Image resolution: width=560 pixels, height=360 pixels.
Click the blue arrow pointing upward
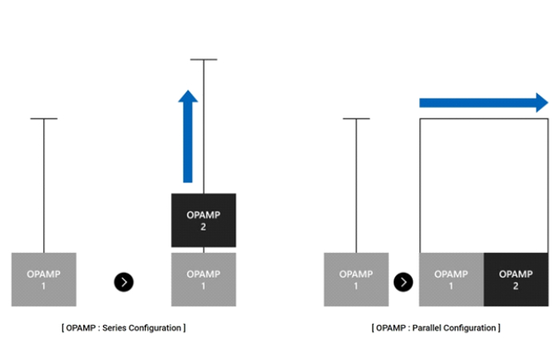[188, 136]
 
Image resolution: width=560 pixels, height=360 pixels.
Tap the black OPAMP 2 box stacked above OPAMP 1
[203, 220]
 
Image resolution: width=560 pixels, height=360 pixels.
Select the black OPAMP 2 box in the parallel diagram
[515, 279]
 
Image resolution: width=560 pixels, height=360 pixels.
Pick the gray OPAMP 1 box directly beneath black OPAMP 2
[203, 279]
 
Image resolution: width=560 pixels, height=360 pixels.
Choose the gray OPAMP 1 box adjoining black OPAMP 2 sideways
[451, 279]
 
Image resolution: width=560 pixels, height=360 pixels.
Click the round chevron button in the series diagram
[124, 282]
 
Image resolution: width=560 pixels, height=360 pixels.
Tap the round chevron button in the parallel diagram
[404, 282]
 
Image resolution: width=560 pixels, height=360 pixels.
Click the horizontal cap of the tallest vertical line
[203, 59]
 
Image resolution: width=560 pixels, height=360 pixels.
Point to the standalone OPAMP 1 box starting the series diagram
[44, 279]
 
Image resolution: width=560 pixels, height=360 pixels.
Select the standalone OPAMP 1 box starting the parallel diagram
[356, 279]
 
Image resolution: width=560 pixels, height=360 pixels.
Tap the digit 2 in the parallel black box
[515, 286]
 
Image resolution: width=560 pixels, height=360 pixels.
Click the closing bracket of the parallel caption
[498, 328]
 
